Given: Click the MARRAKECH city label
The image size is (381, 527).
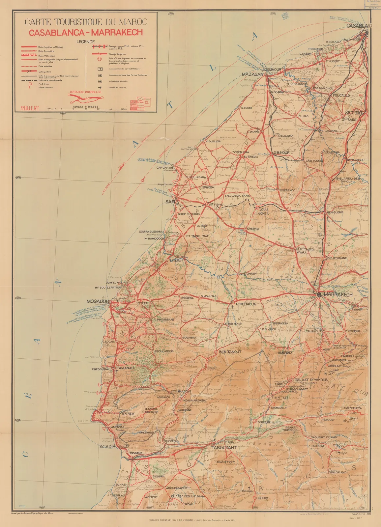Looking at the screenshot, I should (338, 294).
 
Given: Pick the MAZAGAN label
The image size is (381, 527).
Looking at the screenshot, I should (252, 74).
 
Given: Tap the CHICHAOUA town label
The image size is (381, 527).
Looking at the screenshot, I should (246, 304).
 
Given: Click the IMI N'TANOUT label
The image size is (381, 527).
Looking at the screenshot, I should (230, 352).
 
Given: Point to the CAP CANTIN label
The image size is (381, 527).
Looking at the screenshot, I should (164, 168).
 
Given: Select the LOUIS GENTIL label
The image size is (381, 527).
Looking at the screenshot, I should (264, 211).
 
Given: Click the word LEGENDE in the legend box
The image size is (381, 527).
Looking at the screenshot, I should (86, 42).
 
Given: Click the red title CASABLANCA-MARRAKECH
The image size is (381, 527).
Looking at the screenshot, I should (86, 33).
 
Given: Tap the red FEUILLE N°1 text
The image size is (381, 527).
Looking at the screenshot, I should (30, 108).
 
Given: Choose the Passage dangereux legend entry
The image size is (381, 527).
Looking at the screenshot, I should (119, 53).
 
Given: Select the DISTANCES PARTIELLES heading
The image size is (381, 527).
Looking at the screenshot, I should (85, 92).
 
